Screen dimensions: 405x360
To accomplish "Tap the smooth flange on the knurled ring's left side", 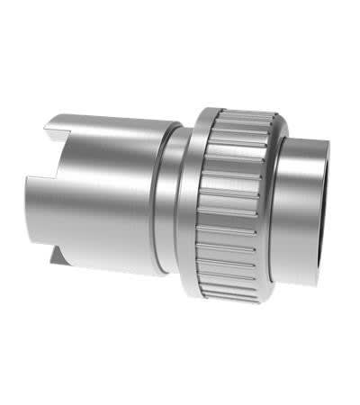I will (x=191, y=202).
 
